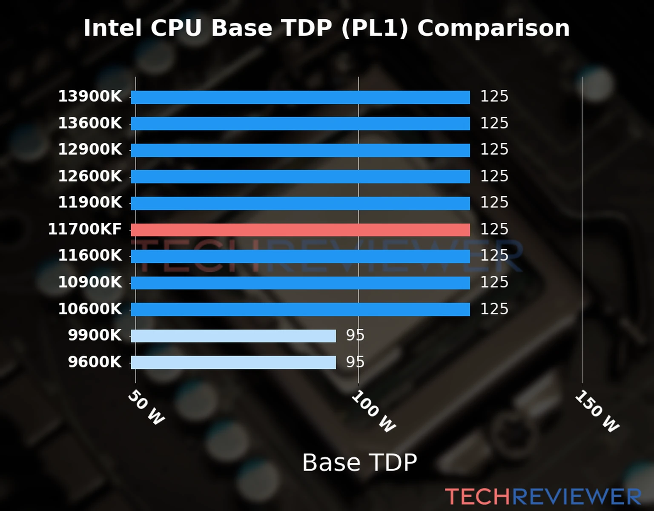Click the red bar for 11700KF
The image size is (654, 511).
300,230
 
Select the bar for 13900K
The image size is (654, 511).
300,97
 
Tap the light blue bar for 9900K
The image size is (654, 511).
233,336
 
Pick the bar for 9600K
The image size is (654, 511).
233,362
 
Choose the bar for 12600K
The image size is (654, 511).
300,177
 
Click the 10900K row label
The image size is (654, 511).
90,282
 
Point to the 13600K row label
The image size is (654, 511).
90,123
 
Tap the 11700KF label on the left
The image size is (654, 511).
85,229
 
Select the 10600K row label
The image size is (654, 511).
90,309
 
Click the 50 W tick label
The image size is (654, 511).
146,408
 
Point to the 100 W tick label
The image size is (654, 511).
373,411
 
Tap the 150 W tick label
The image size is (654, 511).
597,411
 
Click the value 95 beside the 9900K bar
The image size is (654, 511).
355,336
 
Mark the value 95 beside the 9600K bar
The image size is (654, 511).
355,362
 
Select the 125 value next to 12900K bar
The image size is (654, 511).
494,149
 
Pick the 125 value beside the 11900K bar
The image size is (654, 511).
494,202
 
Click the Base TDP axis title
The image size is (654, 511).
359,462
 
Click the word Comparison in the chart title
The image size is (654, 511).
493,28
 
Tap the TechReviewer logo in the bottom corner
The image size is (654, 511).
543,497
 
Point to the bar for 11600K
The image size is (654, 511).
300,256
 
